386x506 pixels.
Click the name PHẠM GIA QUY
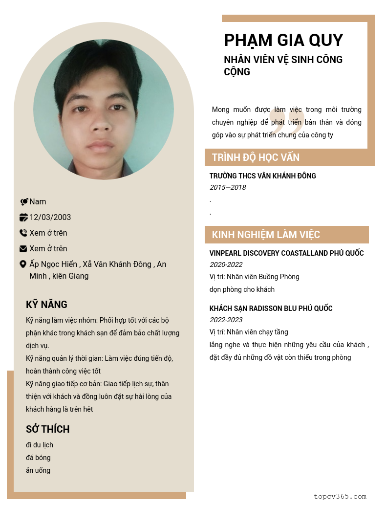click(x=283, y=40)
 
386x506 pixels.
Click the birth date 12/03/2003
click(x=50, y=217)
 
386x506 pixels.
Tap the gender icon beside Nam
click(x=24, y=201)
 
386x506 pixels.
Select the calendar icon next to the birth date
click(x=23, y=217)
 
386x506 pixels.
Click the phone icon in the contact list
click(x=23, y=233)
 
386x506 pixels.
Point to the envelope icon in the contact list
click(x=23, y=248)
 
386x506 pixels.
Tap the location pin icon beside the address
click(x=23, y=264)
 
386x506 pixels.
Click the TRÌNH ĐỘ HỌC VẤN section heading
click(x=256, y=157)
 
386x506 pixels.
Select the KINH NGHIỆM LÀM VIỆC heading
click(x=266, y=235)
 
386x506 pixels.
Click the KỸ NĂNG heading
click(x=46, y=305)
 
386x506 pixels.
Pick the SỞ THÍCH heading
click(x=47, y=429)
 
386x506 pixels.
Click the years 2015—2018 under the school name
click(x=228, y=187)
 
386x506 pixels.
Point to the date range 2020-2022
click(x=226, y=264)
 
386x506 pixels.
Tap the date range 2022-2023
click(x=226, y=320)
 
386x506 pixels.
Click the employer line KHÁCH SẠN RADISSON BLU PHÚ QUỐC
click(x=271, y=308)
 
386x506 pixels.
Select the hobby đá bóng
click(x=38, y=458)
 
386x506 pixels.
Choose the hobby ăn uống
click(x=38, y=470)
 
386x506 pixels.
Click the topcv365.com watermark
click(x=340, y=496)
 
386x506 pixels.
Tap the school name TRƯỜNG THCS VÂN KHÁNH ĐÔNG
click(x=262, y=176)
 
